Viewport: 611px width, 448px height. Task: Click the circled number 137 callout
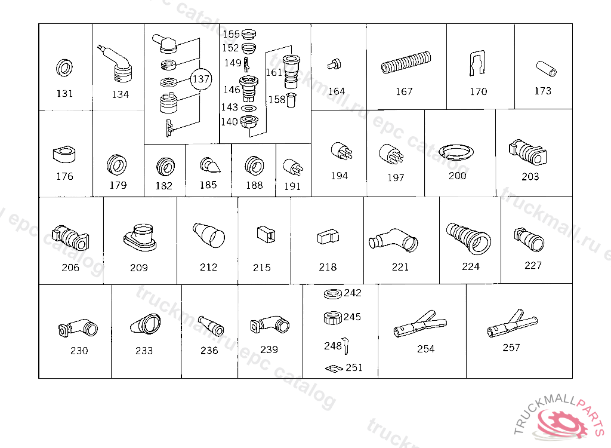pyautogui.click(x=200, y=79)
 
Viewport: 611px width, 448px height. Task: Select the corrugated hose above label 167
pyautogui.click(x=406, y=63)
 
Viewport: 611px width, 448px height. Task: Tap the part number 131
pyautogui.click(x=64, y=94)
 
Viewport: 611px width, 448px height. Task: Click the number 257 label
pyautogui.click(x=511, y=347)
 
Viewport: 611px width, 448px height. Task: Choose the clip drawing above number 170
pyautogui.click(x=477, y=63)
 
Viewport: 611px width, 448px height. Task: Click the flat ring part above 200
pyautogui.click(x=456, y=152)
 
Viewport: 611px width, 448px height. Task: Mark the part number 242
pyautogui.click(x=353, y=293)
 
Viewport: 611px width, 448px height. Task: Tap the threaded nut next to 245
pyautogui.click(x=333, y=318)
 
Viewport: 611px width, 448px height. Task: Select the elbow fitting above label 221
pyautogui.click(x=393, y=239)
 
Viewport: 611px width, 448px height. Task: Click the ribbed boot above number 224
pyautogui.click(x=468, y=238)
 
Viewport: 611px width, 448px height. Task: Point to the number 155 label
pyautogui.click(x=231, y=34)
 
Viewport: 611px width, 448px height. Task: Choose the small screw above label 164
pyautogui.click(x=334, y=64)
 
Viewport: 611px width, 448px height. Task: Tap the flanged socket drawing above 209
pyautogui.click(x=140, y=237)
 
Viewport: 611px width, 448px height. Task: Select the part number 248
pyautogui.click(x=333, y=346)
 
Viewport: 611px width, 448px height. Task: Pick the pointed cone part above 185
pyautogui.click(x=210, y=165)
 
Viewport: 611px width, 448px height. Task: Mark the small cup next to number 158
pyautogui.click(x=291, y=100)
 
